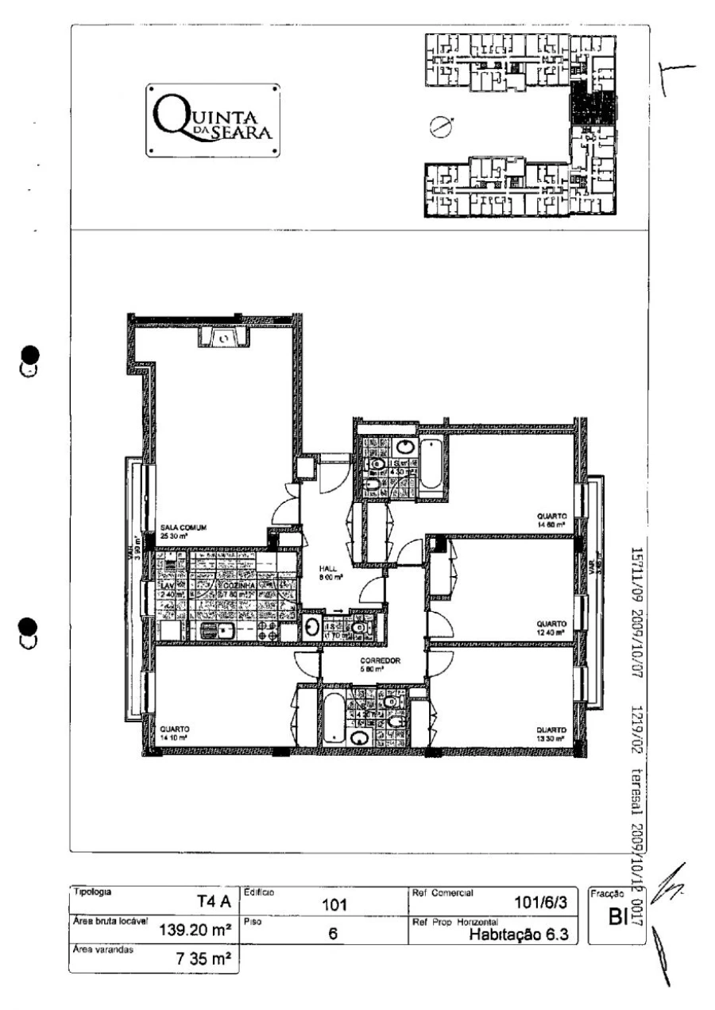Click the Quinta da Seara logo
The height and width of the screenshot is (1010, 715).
(x=212, y=121)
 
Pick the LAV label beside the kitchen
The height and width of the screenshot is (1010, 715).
(x=169, y=586)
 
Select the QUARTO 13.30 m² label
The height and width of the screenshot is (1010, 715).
(x=550, y=733)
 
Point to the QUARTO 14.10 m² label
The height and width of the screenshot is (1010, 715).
(x=173, y=733)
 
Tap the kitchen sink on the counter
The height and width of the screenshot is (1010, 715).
(x=215, y=630)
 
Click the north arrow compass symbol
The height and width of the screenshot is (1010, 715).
(x=438, y=126)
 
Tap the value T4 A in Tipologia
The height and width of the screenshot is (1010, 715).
(x=212, y=900)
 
